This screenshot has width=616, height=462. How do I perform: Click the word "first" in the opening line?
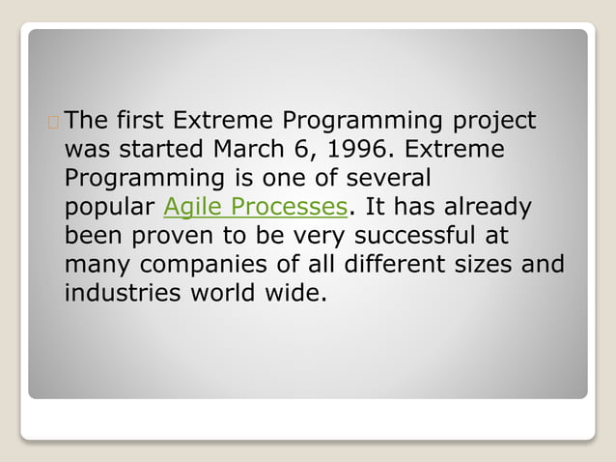tap(140, 122)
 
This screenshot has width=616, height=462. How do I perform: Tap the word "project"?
tap(491, 122)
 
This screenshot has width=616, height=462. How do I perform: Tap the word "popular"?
tap(110, 208)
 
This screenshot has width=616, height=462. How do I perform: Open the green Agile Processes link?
tap(255, 208)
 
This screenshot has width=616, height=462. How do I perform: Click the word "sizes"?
tap(503, 264)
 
